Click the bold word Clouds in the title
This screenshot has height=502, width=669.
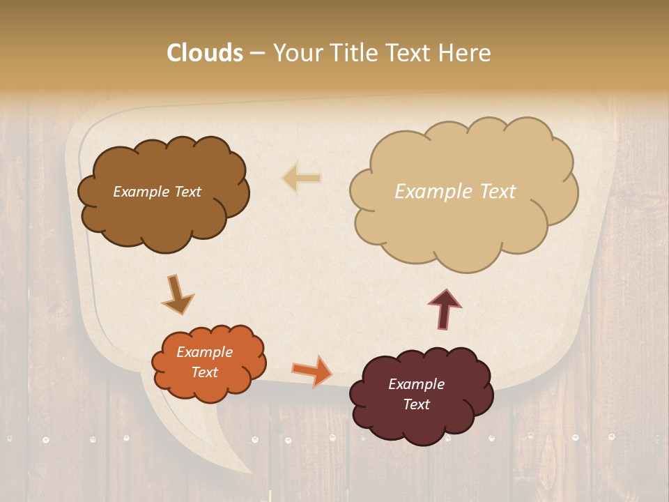pyautogui.click(x=204, y=53)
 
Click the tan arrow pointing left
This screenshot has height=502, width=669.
pyautogui.click(x=301, y=178)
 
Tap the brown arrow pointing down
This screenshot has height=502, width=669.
pyautogui.click(x=177, y=294)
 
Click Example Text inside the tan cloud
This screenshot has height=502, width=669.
pyautogui.click(x=455, y=191)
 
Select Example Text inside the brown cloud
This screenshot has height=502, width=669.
pyautogui.click(x=157, y=192)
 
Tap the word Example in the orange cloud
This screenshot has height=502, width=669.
pyautogui.click(x=204, y=352)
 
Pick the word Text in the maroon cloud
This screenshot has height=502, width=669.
pyautogui.click(x=416, y=404)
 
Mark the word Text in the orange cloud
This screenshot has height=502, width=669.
pyautogui.click(x=204, y=372)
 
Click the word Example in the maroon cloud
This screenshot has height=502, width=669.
pyautogui.click(x=416, y=384)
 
